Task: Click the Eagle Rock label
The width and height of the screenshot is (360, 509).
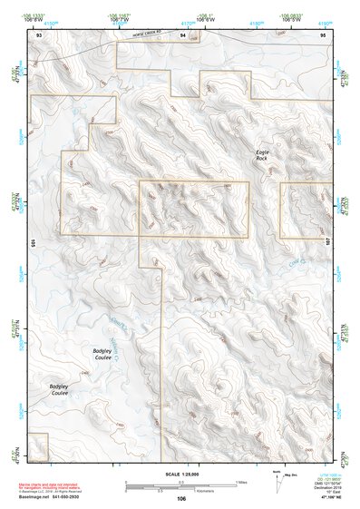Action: pyautogui.click(x=261, y=155)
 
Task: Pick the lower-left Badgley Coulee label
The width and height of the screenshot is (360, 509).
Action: pyautogui.click(x=58, y=390)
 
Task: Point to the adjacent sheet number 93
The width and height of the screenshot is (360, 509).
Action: pyautogui.click(x=38, y=34)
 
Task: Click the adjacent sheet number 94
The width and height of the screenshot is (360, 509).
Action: pyautogui.click(x=183, y=34)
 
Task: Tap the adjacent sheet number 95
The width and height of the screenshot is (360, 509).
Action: pyautogui.click(x=324, y=34)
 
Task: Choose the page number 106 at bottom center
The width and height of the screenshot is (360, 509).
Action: pyautogui.click(x=181, y=498)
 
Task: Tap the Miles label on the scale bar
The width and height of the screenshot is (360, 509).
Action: pyautogui.click(x=240, y=482)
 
